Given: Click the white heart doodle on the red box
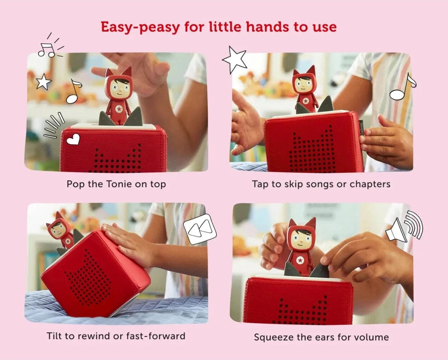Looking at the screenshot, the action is (73, 139).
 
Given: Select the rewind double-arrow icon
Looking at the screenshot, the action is (200, 229).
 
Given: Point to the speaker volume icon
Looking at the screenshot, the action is (404, 228).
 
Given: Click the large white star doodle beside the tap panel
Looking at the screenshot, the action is (235, 60).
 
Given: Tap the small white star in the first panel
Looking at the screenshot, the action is (43, 82).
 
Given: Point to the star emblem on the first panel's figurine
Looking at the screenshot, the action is (119, 109).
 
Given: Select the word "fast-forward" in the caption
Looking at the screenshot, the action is (156, 336).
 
